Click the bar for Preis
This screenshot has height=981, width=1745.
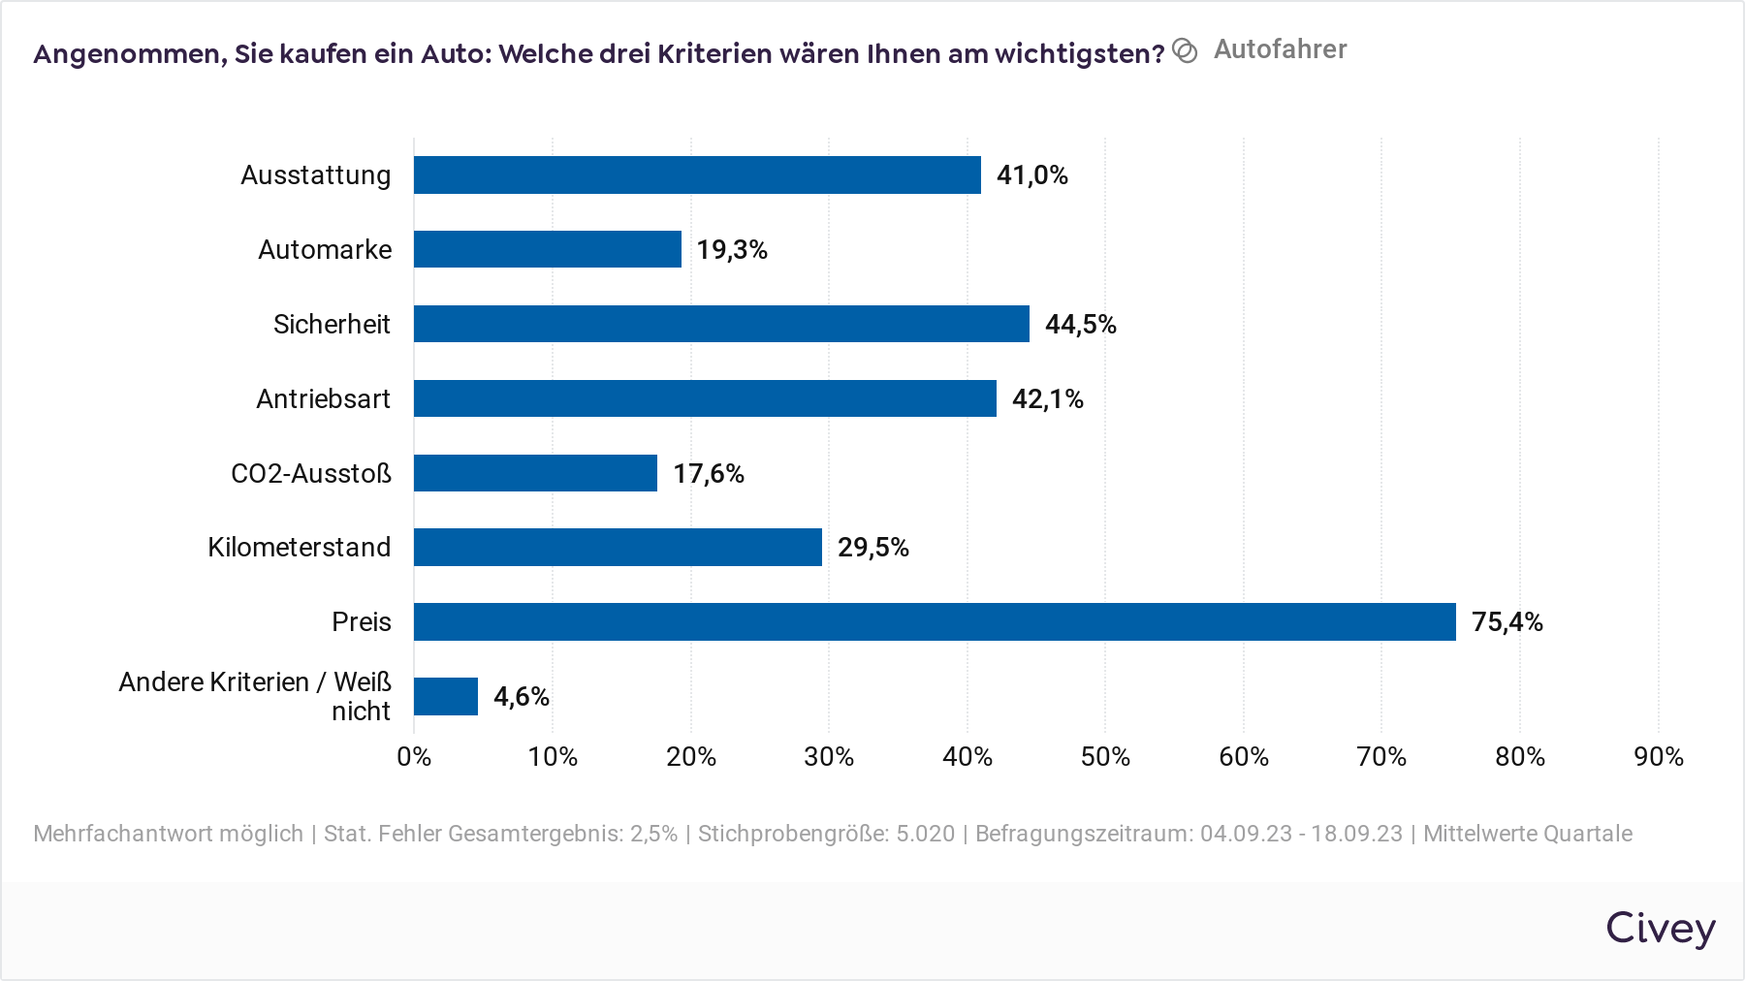pos(935,621)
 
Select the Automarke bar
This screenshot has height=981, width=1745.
pos(548,249)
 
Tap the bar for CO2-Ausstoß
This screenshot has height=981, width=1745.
pos(535,473)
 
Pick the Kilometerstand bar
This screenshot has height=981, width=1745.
pos(618,547)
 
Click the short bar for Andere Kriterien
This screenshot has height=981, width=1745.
pos(446,696)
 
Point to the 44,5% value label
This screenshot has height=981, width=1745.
pos(1080,324)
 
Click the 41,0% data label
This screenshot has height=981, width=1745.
pos(1031,174)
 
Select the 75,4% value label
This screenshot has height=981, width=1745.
pos(1507,621)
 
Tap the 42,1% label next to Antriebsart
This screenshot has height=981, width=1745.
pos(1047,398)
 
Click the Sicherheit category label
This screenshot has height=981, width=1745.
pos(332,324)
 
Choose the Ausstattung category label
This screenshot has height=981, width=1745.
pos(316,174)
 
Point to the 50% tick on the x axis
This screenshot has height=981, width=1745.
pos(1105,756)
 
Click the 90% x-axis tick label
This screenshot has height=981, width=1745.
pos(1658,756)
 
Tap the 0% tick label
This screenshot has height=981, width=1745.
pos(414,756)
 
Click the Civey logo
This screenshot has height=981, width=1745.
pos(1660,928)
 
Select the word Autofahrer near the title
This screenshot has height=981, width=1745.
pos(1280,49)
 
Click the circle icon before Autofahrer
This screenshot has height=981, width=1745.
pos(1185,50)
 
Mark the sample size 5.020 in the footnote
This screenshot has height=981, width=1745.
pos(925,834)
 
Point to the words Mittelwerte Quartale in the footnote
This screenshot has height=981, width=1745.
pos(1527,834)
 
